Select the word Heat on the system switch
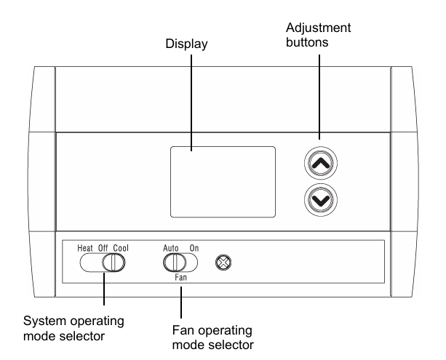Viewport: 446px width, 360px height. pyautogui.click(x=87, y=249)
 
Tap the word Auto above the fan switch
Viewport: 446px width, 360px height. pyautogui.click(x=172, y=249)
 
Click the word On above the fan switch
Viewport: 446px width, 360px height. pyautogui.click(x=194, y=249)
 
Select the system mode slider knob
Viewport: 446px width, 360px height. pyautogui.click(x=111, y=263)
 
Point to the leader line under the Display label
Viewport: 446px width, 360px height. pyautogui.click(x=191, y=102)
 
